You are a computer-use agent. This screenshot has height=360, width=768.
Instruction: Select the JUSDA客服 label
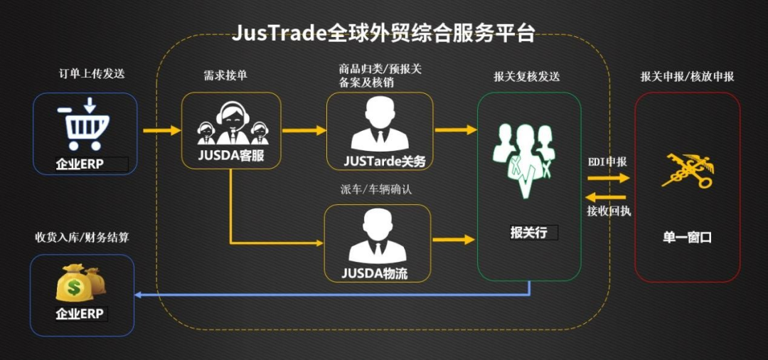(x=230, y=156)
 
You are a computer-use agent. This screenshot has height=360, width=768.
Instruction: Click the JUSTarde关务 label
(x=385, y=162)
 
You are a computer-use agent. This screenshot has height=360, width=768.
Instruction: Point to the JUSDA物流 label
(x=375, y=272)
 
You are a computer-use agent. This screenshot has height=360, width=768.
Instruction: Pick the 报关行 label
(x=528, y=232)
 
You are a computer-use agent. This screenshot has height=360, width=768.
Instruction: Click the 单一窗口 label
(x=687, y=237)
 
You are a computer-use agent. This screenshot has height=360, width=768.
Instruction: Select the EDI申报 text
(x=607, y=162)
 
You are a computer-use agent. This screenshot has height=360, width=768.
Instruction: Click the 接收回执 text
(x=608, y=211)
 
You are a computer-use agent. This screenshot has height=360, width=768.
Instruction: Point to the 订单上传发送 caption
(x=87, y=73)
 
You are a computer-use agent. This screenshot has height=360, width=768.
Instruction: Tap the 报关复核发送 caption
(x=527, y=76)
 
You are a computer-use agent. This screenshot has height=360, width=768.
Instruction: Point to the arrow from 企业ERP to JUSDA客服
(x=161, y=131)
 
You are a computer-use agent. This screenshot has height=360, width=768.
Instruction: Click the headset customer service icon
(x=230, y=123)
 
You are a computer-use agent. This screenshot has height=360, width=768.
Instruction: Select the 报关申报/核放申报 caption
(x=687, y=76)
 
